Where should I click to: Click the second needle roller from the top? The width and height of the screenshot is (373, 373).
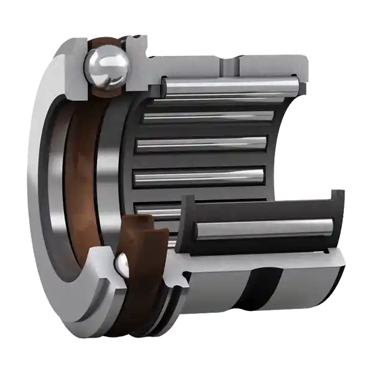tap(208, 116)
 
